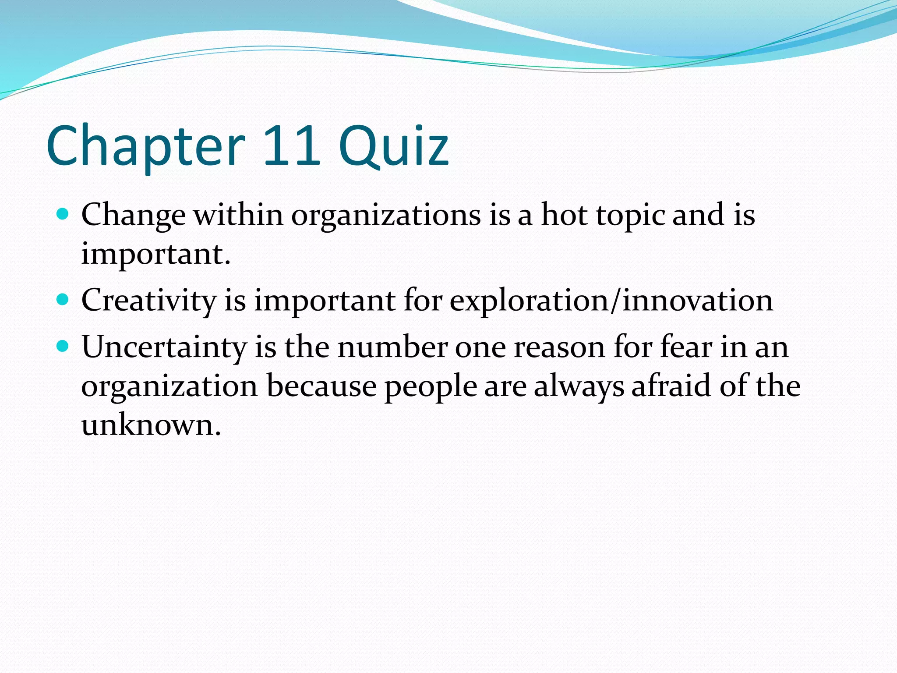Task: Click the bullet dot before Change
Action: pos(63,214)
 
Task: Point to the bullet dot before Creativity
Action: pos(63,300)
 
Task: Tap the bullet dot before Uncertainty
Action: pos(63,346)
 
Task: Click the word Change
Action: pos(133,216)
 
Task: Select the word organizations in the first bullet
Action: pos(386,216)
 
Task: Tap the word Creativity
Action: pos(149,301)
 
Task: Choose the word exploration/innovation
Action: pos(611,301)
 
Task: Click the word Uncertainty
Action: pos(164,348)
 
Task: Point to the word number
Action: pos(392,347)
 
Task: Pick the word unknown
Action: pos(151,425)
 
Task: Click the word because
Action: pos(321,386)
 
